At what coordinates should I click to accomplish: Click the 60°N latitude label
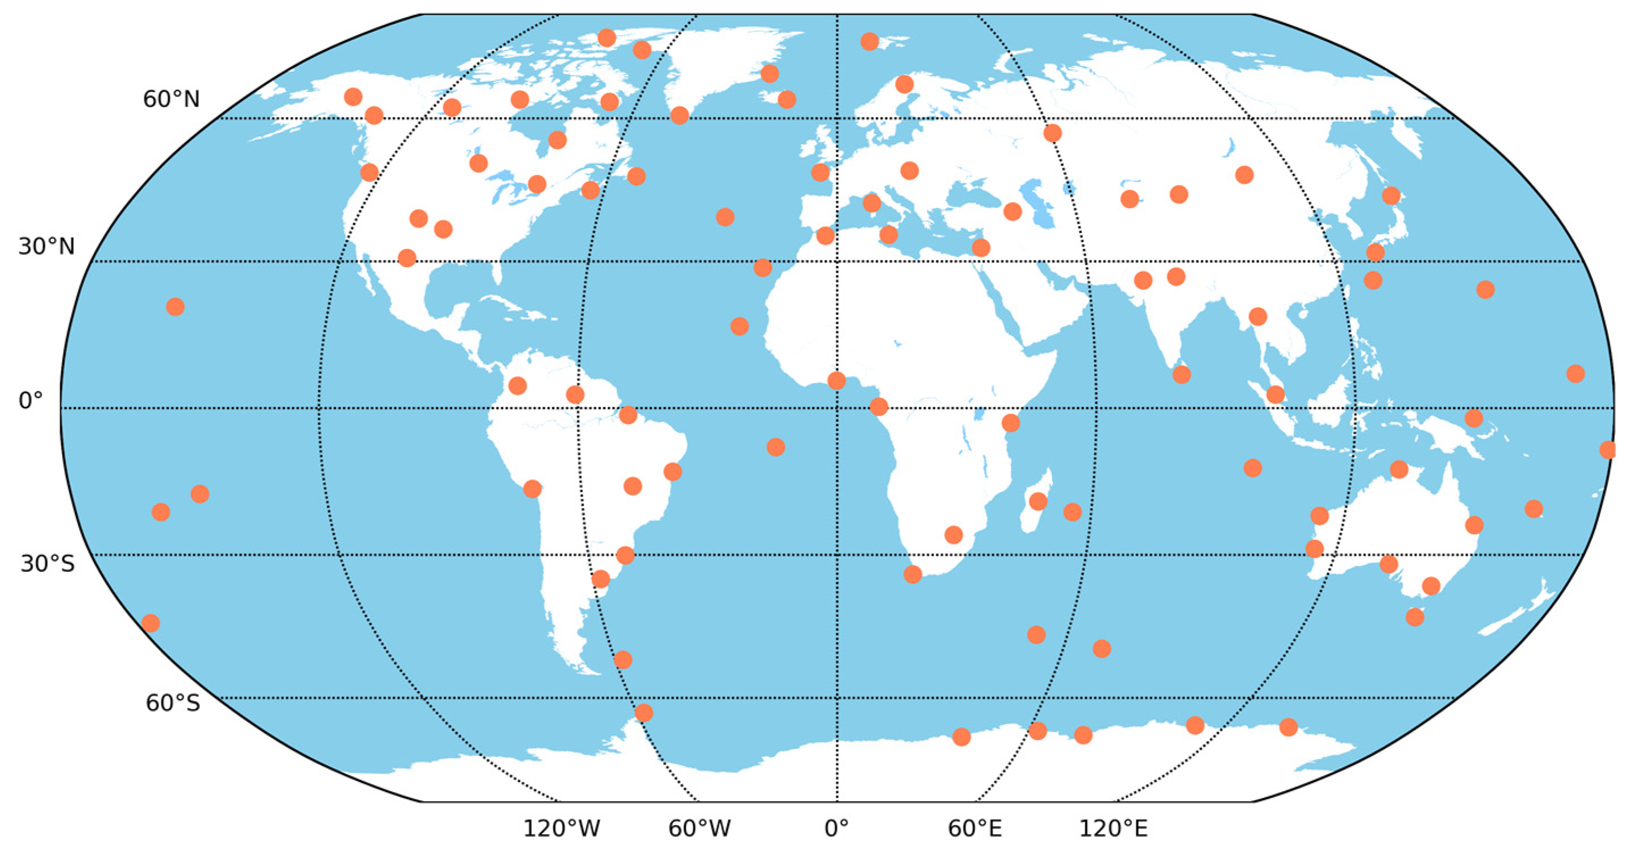171,99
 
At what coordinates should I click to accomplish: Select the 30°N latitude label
46,246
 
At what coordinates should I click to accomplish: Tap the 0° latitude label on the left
30,400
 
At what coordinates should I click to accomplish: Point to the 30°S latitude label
47,563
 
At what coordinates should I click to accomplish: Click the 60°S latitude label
172,702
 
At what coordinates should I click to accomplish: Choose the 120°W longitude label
561,828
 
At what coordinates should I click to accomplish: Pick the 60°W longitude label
699,828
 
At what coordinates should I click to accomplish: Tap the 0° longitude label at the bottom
836,828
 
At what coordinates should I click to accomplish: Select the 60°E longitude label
974,828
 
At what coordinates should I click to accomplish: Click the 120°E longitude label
1114,828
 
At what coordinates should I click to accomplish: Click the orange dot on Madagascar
1037,502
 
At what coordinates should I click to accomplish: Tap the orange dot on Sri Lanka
1181,375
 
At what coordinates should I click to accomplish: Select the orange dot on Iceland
786,99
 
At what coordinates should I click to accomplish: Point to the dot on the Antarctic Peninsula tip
643,713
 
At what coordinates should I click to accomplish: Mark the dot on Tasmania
1415,617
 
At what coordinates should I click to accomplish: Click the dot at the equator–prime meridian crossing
836,380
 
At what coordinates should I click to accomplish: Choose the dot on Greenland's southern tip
680,115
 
